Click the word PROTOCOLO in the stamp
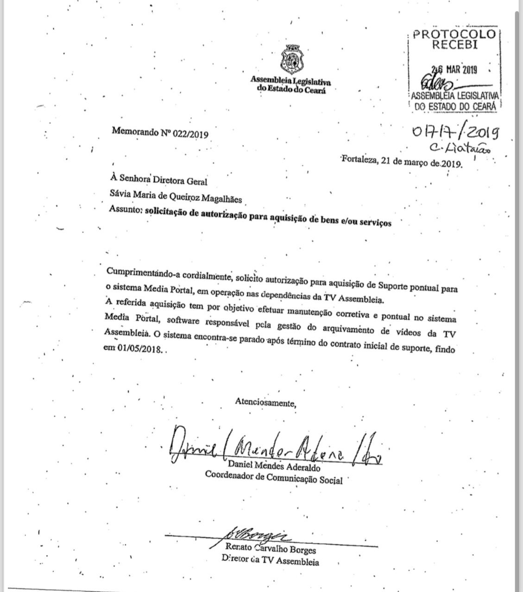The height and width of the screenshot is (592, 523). (x=454, y=35)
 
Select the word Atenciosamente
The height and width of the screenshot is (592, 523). (x=265, y=402)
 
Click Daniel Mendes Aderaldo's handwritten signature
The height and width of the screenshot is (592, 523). (x=276, y=448)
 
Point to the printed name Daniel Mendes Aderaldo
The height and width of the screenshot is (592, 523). (x=274, y=466)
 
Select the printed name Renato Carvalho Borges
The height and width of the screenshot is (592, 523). (x=271, y=548)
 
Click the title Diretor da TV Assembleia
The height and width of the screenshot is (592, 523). (x=270, y=561)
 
